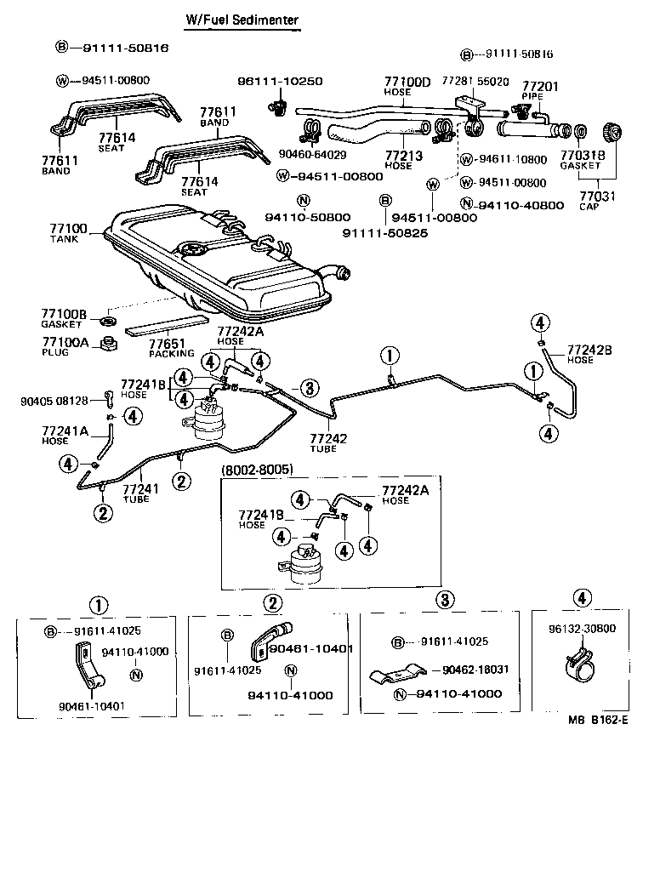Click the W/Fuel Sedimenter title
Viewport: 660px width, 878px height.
coord(242,20)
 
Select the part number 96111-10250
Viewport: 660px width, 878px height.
coord(280,82)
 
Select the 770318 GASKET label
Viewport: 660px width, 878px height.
coord(581,161)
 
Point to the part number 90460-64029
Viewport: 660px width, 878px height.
coord(312,154)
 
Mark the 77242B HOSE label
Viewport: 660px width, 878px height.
coord(589,354)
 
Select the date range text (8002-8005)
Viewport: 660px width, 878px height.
coord(258,469)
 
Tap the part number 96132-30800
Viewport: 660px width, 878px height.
coord(583,628)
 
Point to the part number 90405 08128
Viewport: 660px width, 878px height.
coord(54,400)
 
